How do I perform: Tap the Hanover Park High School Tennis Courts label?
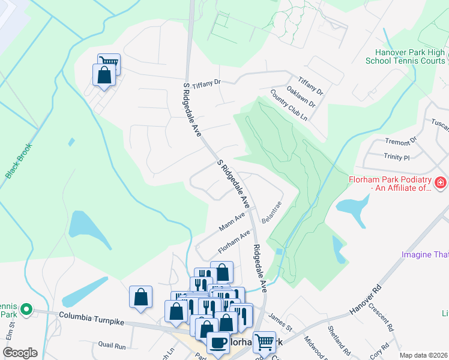point(405,56)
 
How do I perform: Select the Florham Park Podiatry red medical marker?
point(440,182)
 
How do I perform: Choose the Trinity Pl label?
point(396,157)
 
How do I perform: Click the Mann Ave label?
point(232,222)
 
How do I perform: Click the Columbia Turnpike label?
point(91,318)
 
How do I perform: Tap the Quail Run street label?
point(112,346)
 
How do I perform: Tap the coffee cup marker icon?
point(218,343)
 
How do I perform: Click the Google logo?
point(20,353)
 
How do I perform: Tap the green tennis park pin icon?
point(26,310)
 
